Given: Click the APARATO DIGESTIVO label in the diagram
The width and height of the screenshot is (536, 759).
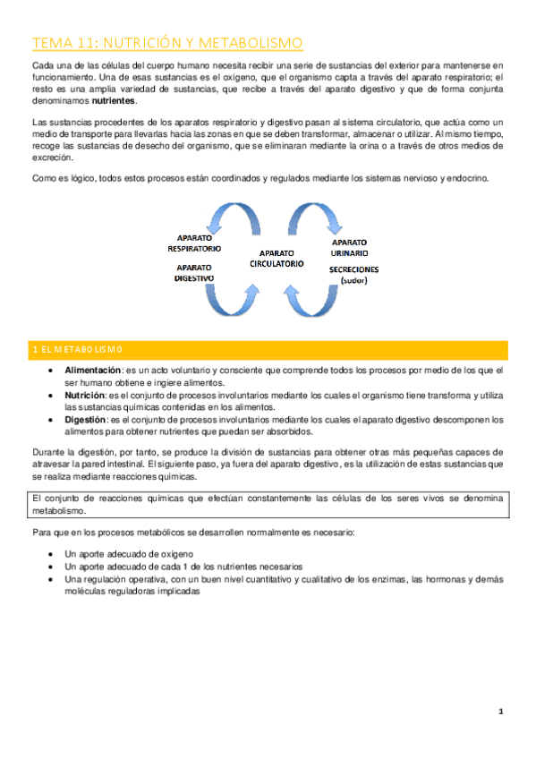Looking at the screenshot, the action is [x=194, y=272].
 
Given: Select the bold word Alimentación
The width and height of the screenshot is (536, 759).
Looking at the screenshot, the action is [x=94, y=370].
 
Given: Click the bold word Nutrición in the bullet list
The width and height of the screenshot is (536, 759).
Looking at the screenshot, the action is [x=85, y=394].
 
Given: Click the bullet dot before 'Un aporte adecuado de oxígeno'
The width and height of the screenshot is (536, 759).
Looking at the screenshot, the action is [x=58, y=555].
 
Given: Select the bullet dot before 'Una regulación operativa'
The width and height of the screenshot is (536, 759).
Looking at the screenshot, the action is [x=58, y=579].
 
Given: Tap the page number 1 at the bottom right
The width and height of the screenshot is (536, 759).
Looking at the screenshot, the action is [x=502, y=712].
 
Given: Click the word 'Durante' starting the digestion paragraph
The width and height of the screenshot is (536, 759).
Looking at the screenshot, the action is [x=47, y=453].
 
